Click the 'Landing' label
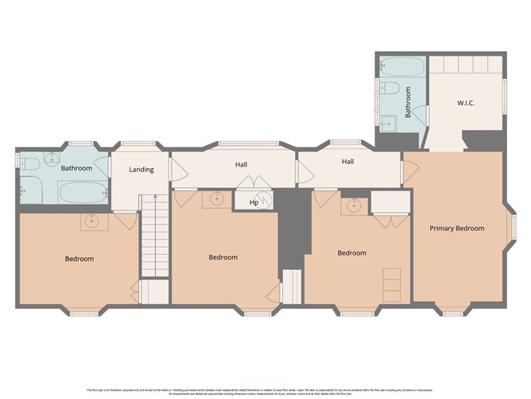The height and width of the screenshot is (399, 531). tap(141, 170)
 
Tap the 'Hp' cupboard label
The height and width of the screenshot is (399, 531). tap(254, 202)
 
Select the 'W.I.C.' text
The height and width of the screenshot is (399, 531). tap(466, 103)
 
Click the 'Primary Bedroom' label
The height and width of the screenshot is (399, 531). tap(457, 229)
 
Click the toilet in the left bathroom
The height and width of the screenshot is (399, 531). tap(29, 164)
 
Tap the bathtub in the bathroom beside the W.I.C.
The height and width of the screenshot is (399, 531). tap(392, 87)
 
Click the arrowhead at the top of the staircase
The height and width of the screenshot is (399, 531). tap(155, 194)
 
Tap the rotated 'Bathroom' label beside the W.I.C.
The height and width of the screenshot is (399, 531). tap(409, 103)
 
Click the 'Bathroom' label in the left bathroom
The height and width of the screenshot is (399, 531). tap(76, 168)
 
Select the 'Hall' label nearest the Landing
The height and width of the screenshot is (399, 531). tap(241, 165)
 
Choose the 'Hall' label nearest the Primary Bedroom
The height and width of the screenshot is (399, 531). tap(347, 162)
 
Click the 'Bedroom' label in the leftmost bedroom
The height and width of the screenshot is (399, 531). tap(79, 259)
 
